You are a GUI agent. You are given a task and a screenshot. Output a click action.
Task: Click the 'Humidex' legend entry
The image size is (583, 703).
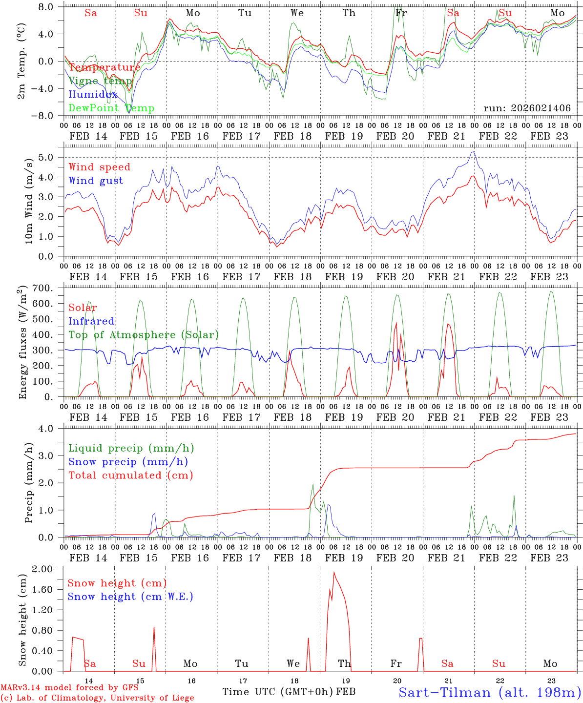click(x=93, y=95)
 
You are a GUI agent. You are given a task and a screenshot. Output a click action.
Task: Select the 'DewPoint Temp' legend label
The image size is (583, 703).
click(x=111, y=108)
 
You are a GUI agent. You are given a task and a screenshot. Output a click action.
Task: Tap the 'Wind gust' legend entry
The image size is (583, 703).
click(x=96, y=181)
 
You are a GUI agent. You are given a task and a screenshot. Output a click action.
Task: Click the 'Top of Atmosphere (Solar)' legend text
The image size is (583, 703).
click(x=144, y=335)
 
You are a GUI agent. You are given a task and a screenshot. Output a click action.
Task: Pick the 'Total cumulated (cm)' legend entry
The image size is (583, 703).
click(x=131, y=475)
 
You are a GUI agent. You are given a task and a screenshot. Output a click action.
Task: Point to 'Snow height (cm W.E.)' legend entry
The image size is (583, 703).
click(x=130, y=597)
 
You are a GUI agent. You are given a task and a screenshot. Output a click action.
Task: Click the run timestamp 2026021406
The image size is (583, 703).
click(x=527, y=108)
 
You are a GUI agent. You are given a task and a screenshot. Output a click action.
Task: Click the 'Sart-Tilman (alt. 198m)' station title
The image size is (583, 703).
click(x=489, y=692)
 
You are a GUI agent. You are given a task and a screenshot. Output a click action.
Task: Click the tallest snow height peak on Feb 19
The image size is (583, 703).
click(x=334, y=572)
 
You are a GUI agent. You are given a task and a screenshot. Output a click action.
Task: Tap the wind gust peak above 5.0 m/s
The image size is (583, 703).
click(x=473, y=152)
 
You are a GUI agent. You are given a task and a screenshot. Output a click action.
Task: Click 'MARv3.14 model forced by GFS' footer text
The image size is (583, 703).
click(x=69, y=688)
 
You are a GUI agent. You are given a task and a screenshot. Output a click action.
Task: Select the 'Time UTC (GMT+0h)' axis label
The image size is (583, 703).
click(x=278, y=692)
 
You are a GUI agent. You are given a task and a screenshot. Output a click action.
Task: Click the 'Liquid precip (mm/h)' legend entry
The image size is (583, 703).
click(x=131, y=448)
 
